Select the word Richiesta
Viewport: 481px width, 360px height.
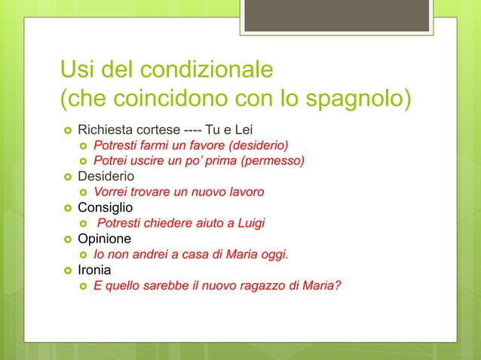coord(105,130)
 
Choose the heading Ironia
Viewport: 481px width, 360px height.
coord(97,270)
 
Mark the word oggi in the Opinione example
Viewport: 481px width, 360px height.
coord(273,255)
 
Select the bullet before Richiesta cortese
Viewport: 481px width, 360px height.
coord(67,130)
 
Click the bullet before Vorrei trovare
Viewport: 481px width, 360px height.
coord(83,192)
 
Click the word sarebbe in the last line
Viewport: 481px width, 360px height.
coord(165,285)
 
